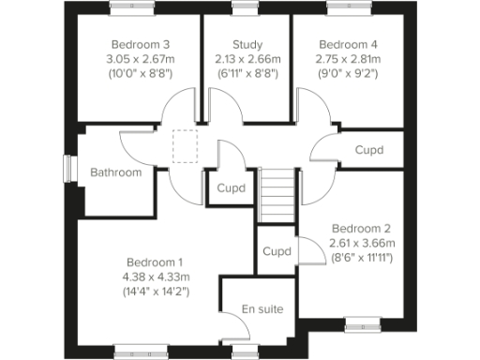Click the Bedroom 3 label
click(141, 44)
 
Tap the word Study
click(247, 44)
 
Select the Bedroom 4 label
click(348, 44)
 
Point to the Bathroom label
click(116, 172)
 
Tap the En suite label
click(262, 309)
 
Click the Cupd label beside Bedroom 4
click(369, 150)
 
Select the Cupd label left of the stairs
click(232, 187)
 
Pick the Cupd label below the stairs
click(277, 251)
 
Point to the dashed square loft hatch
click(187, 145)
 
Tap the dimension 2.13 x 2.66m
click(247, 58)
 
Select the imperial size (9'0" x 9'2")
click(348, 72)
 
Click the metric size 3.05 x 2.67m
click(141, 58)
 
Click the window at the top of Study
click(246, 7)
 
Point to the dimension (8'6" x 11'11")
click(361, 258)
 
